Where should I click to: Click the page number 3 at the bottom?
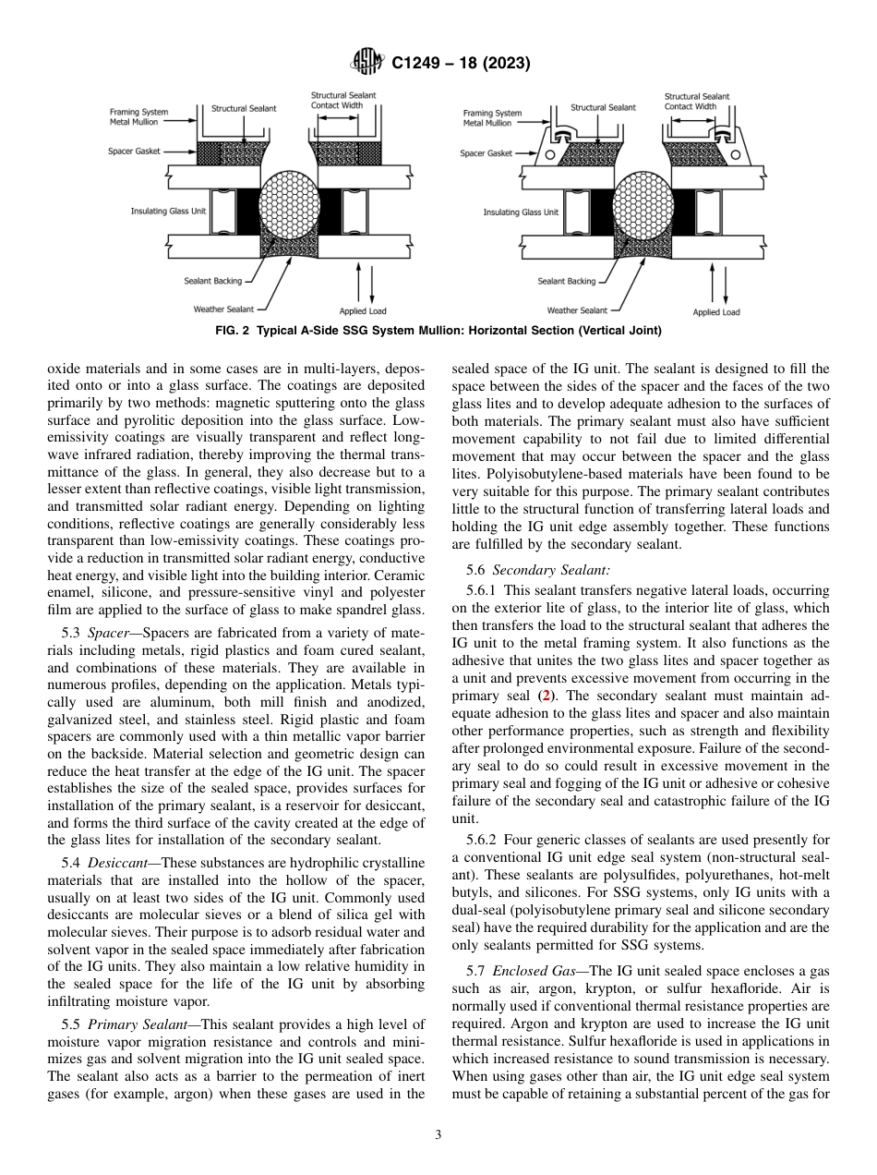[438, 1135]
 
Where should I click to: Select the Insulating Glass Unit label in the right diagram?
[521, 212]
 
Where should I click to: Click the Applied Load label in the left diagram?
[363, 311]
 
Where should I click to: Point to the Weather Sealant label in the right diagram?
[577, 310]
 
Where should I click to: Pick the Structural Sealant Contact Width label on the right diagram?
[696, 101]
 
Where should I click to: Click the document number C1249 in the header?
[417, 64]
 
